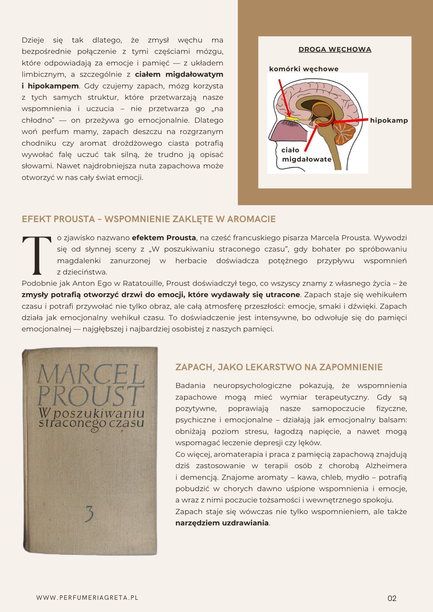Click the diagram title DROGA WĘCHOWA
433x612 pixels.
(335, 50)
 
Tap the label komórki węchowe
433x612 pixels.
(303, 69)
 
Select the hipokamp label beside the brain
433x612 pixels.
(389, 120)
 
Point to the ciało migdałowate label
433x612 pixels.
(306, 155)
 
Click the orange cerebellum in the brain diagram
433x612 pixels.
(344, 134)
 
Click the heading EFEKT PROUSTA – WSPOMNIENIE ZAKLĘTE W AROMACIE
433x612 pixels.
(149, 219)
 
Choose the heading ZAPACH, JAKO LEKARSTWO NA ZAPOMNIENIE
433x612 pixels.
(279, 367)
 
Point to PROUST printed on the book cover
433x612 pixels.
(90, 397)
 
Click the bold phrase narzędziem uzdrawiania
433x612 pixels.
(222, 523)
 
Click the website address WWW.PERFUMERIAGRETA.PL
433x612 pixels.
(87, 598)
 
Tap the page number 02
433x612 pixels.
(392, 598)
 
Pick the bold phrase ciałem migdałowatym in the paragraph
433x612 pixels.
(179, 74)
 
